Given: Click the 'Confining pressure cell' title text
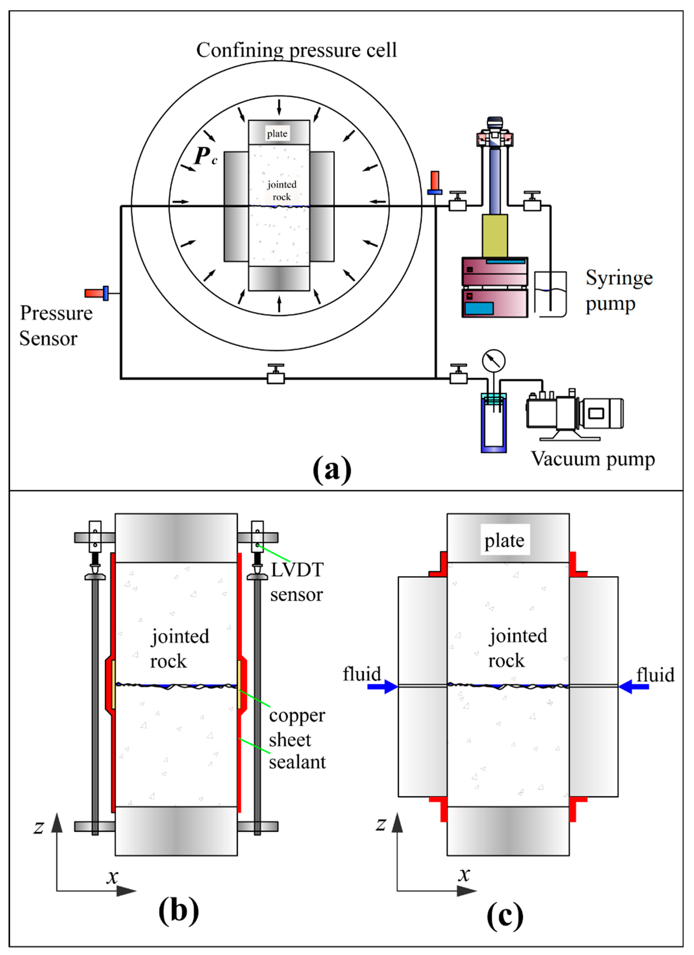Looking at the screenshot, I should (296, 50).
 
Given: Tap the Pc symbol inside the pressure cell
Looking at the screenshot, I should (205, 157).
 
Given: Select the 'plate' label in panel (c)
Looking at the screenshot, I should (505, 540).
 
